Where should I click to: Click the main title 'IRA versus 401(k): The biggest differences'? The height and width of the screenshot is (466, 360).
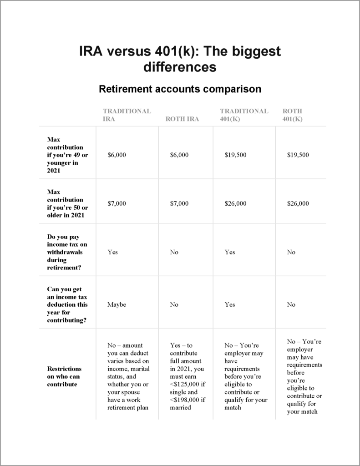click(180, 59)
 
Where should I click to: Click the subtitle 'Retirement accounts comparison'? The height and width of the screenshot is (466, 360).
click(180, 89)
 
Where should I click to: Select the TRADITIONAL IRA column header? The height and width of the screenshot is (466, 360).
click(127, 115)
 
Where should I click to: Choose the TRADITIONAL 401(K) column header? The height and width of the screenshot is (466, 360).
click(244, 115)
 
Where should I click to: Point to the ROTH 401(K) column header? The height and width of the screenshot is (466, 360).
click(293, 115)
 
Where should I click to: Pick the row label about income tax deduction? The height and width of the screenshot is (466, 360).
click(67, 304)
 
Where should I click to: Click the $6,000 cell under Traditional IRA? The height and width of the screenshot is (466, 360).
click(117, 155)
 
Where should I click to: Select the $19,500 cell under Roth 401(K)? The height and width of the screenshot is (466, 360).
click(298, 155)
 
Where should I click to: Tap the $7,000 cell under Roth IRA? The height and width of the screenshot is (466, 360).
click(179, 203)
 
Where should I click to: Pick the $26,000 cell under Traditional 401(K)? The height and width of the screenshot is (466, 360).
click(235, 203)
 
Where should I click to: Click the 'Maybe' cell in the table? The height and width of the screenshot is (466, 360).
click(117, 304)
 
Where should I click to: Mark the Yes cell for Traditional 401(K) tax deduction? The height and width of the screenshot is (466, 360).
click(229, 304)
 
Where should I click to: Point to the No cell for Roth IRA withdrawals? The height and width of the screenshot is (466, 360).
click(174, 252)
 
